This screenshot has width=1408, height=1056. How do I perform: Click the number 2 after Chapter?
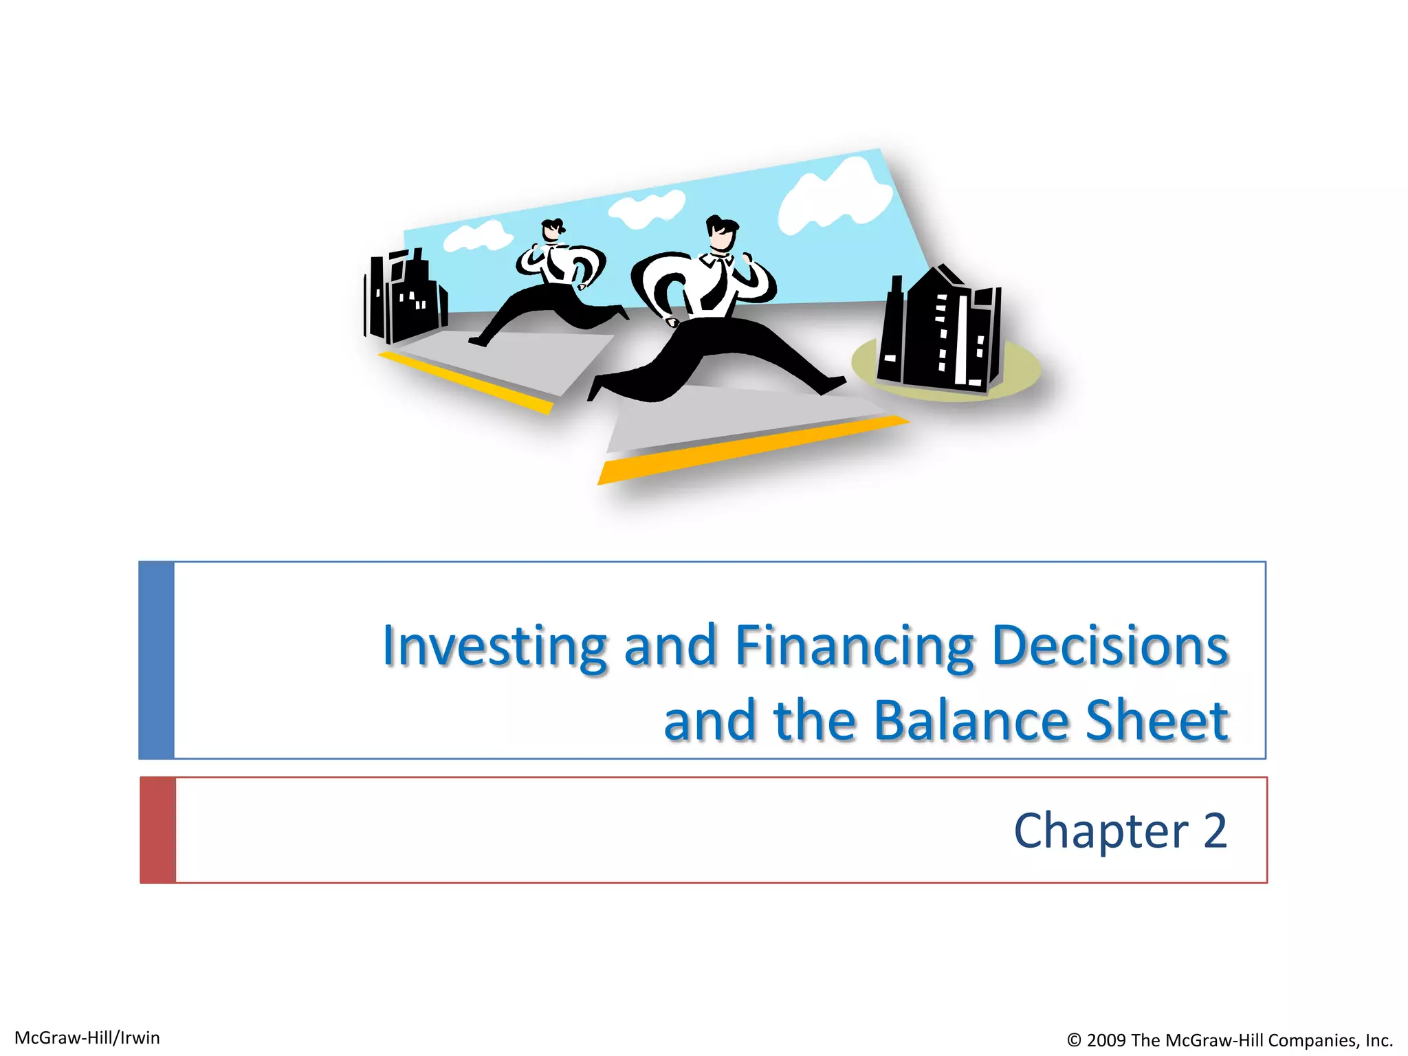[1215, 830]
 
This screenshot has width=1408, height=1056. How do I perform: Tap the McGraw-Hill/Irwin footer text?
[87, 1037]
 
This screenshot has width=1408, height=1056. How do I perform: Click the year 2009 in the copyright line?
[1107, 1040]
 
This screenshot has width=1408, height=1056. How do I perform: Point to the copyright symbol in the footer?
[1074, 1040]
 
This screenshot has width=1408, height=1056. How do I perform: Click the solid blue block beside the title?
[156, 660]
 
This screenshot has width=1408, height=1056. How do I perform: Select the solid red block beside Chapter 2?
[157, 830]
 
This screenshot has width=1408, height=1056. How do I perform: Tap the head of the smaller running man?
[552, 230]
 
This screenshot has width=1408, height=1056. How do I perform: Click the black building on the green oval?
[938, 330]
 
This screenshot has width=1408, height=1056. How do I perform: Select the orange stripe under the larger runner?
[749, 450]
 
